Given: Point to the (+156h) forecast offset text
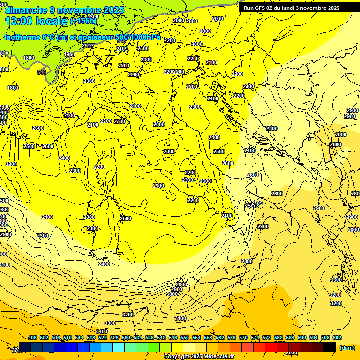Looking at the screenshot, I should [83, 21].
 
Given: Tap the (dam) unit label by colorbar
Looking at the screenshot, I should [347, 347].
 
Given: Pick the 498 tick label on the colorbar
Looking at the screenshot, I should [32, 337].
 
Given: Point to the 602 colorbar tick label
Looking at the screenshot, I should [337, 337].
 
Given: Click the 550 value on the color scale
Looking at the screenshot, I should [185, 337].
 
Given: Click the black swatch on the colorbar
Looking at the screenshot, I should [330, 347].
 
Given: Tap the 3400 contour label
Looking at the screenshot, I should [102, 331].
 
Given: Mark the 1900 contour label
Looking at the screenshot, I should [69, 54].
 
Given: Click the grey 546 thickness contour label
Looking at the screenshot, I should [42, 72].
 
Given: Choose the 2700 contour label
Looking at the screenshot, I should [257, 202].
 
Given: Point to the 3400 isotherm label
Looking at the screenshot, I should [102, 331].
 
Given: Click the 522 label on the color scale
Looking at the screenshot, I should [103, 337].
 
